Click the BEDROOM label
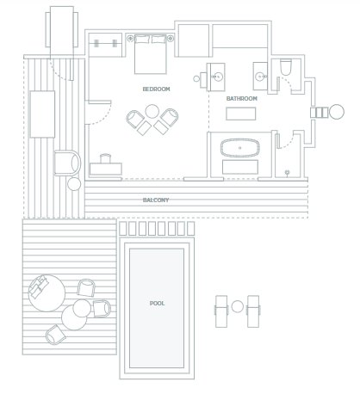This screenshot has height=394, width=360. [x=156, y=89]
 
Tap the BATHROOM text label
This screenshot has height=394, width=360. [x=242, y=98]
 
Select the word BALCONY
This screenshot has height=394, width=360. [x=156, y=200]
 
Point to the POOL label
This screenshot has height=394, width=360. [x=157, y=303]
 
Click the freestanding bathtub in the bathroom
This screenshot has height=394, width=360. [x=240, y=148]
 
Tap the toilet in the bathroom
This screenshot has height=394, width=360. [x=286, y=67]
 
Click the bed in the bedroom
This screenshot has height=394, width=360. [x=151, y=54]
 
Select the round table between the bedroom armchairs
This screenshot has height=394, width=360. [x=152, y=111]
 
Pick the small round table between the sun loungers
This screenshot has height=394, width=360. [x=237, y=306]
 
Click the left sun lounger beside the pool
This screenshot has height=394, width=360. [x=221, y=311]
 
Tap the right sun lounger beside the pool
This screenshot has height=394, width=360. [x=253, y=311]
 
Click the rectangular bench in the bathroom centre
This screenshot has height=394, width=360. [x=240, y=114]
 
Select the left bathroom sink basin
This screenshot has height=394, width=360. [x=218, y=77]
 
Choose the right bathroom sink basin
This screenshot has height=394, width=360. [x=260, y=77]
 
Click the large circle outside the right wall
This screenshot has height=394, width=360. [x=337, y=112]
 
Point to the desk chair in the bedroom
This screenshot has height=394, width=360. [x=105, y=158]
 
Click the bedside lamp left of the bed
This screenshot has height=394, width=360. [x=131, y=38]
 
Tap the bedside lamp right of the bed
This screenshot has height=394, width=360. [x=171, y=38]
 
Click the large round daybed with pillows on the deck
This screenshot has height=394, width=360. [x=47, y=293]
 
